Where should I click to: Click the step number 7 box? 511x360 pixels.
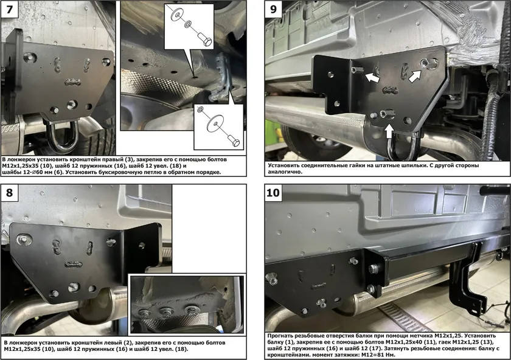pos(10,10)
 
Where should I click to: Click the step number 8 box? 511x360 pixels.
pos(10,193)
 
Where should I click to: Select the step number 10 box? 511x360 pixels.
pos(273,193)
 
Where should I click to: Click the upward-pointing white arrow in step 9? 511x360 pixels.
pos(389,132)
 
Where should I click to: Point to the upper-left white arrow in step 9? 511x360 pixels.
pos(372,78)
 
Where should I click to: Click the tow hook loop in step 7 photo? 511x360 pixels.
pos(63,134)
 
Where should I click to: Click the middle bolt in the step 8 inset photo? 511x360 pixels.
pos(167,312)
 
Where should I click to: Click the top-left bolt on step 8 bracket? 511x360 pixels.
pos(24,240)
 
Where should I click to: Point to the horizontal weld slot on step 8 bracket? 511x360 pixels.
pos(73,263)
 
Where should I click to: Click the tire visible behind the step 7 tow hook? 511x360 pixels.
pos(91,137)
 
